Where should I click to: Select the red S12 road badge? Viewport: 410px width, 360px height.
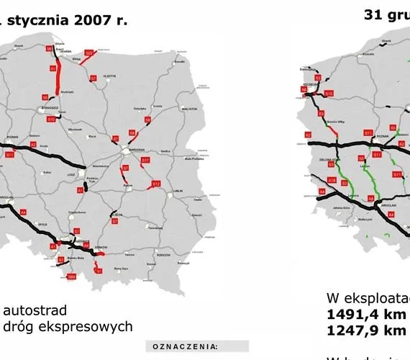click(x=156, y=184)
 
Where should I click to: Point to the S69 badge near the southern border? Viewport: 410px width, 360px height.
click(x=71, y=276)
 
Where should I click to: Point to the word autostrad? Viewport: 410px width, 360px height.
click(x=36, y=310)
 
